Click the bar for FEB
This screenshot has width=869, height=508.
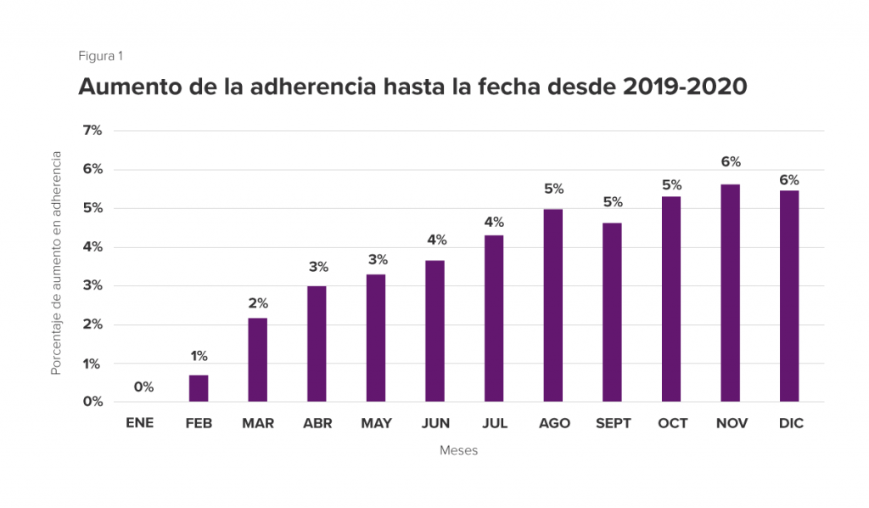(199, 388)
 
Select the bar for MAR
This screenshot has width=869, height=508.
(257, 359)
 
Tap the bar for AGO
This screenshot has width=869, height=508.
(553, 305)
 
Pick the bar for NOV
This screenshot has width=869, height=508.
(730, 293)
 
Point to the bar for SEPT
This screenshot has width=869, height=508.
(612, 312)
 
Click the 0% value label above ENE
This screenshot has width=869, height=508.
(143, 387)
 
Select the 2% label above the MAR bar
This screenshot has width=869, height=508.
(258, 303)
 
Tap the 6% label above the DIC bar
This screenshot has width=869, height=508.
(788, 180)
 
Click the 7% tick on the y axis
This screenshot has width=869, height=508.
(92, 130)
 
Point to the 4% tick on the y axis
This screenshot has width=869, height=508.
(92, 247)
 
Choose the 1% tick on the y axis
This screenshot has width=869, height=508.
(92, 364)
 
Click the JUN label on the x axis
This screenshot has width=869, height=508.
(435, 423)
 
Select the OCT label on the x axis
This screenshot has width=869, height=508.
(673, 423)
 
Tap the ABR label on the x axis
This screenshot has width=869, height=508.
(317, 423)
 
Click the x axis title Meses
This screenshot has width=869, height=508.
(458, 450)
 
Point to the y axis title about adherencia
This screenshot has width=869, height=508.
(57, 263)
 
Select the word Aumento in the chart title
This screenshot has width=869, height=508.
(127, 87)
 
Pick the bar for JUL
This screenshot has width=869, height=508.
(494, 319)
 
